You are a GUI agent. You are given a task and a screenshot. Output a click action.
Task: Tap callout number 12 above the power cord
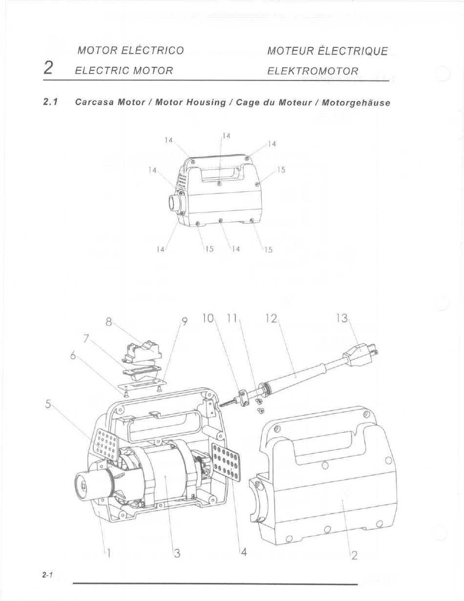click(271, 319)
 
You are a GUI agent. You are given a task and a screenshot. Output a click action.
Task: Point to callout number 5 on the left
click(48, 405)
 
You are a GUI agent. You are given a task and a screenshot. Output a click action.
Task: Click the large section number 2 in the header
click(48, 68)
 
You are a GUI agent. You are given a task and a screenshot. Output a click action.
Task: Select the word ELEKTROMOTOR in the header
click(313, 71)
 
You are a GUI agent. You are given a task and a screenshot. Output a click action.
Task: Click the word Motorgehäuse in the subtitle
click(356, 103)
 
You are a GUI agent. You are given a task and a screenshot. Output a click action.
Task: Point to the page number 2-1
click(47, 575)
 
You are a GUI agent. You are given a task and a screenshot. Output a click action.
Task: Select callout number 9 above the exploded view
click(185, 322)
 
